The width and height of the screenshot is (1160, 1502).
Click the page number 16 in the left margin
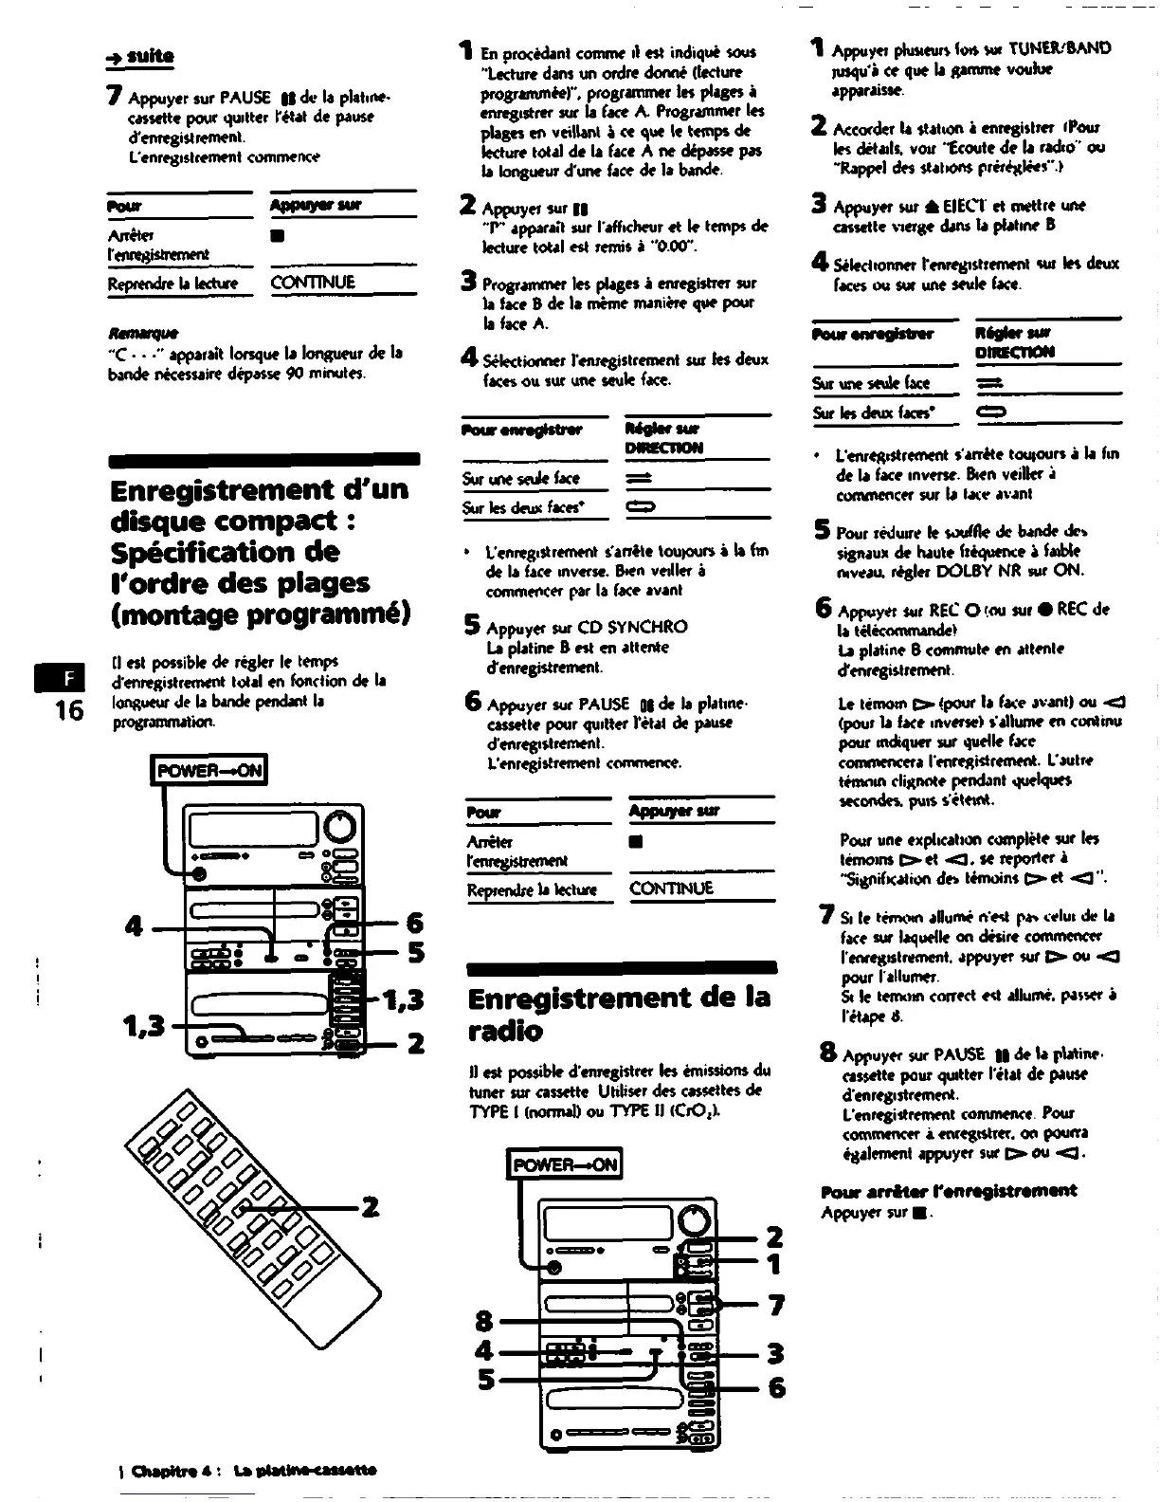coord(68,709)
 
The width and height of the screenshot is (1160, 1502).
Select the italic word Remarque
coord(130,333)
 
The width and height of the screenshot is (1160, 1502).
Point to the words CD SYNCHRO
coord(633,627)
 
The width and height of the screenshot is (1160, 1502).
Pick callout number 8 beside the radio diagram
coord(484,1321)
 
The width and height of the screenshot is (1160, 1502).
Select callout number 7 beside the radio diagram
coord(776,1306)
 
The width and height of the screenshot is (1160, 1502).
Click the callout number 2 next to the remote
coord(370,1207)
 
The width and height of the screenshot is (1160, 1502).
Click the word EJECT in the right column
coord(952,206)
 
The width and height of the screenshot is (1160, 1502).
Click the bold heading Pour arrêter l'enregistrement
coord(949,1191)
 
